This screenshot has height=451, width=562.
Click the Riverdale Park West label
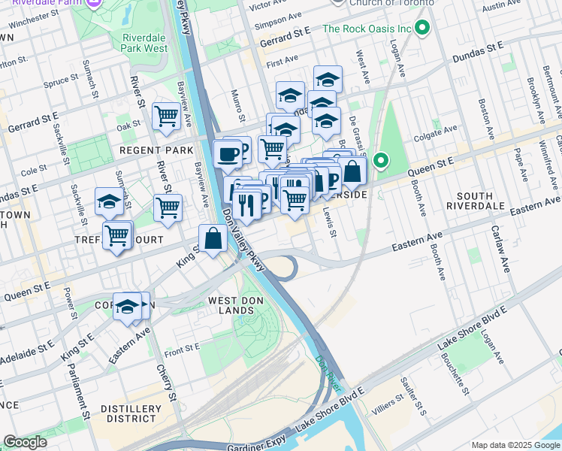coord(144,42)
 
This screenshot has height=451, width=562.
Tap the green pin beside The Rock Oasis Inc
coord(422,29)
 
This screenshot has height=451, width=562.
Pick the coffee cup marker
coord(228,155)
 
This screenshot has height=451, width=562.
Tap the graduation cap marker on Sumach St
coord(110,202)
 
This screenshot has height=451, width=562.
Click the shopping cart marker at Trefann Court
coord(117,235)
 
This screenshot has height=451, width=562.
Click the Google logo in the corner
coord(26,442)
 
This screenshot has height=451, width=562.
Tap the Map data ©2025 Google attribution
coord(515,445)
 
